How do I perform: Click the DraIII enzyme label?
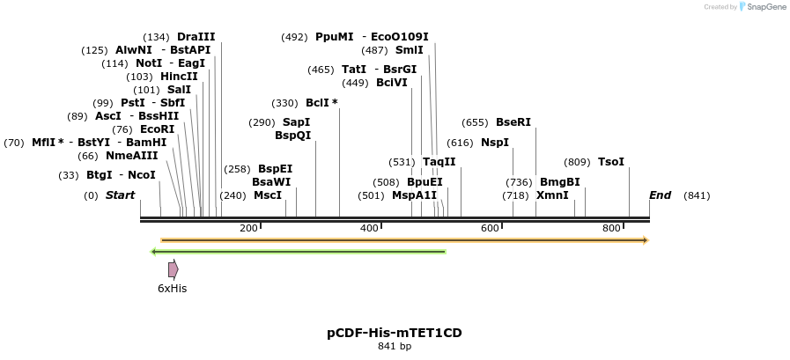196,37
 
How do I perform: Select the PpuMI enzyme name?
335,37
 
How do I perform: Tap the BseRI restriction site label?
513,122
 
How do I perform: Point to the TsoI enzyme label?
610,162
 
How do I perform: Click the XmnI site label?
552,195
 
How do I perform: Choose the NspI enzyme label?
494,143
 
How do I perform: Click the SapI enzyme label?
296,122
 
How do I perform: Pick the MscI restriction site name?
268,195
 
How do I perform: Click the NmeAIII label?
132,156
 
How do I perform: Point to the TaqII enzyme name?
439,162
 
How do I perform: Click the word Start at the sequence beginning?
120,195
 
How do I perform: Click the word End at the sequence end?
660,195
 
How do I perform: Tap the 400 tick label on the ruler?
369,229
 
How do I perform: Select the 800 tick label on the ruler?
611,229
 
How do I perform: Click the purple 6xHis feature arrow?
174,269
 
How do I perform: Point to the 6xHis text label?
173,289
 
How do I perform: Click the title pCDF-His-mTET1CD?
395,333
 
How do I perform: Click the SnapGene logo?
762,7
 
